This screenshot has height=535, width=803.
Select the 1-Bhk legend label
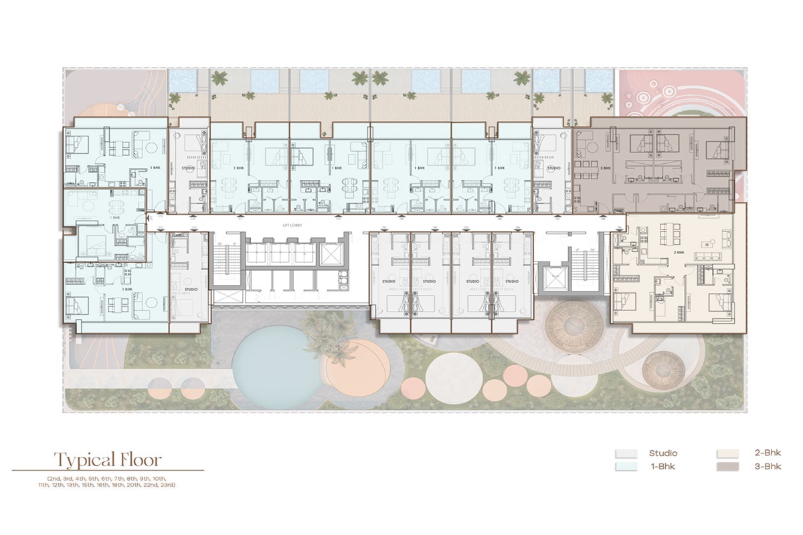coord(662,466)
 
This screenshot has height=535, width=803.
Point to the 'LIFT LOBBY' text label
coord(292,225)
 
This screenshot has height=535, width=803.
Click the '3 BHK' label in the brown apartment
coord(607,169)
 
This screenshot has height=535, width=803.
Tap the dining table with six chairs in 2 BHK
coord(672,233)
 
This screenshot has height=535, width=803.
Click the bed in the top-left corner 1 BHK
coord(76,144)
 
